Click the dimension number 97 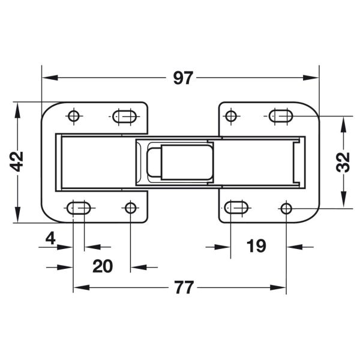click(x=183, y=78)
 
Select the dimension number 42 click(x=17, y=161)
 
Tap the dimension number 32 click(x=343, y=162)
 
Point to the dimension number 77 click(x=184, y=287)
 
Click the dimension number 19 click(x=256, y=245)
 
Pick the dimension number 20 click(x=103, y=266)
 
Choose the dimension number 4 click(x=50, y=238)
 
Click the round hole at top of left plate click(x=74, y=116)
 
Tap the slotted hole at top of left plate click(x=124, y=116)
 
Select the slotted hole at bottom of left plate click(x=79, y=208)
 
